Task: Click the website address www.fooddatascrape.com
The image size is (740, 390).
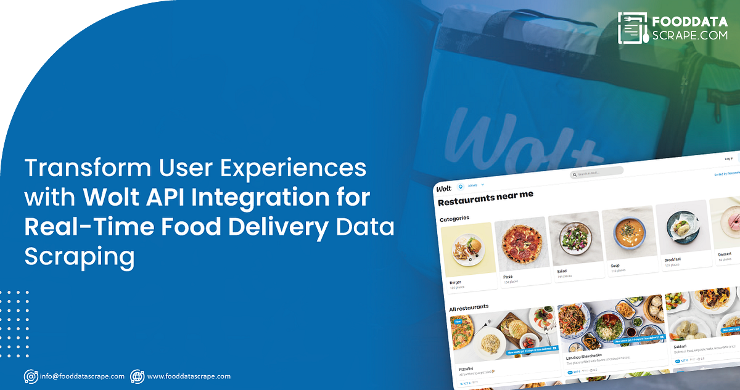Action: (x=189, y=376)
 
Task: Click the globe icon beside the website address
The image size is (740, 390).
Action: (x=137, y=376)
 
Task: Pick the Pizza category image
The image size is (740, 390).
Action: (x=521, y=245)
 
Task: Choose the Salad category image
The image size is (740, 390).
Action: (x=573, y=238)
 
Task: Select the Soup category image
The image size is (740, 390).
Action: (x=626, y=234)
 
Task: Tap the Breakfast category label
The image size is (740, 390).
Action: (x=673, y=260)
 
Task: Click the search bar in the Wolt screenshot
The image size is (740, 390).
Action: (x=596, y=173)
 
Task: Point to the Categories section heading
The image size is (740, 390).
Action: (x=454, y=218)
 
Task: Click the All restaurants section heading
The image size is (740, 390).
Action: (x=469, y=307)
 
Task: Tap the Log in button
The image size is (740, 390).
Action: (x=729, y=158)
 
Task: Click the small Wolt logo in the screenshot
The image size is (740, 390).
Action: (x=444, y=188)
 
